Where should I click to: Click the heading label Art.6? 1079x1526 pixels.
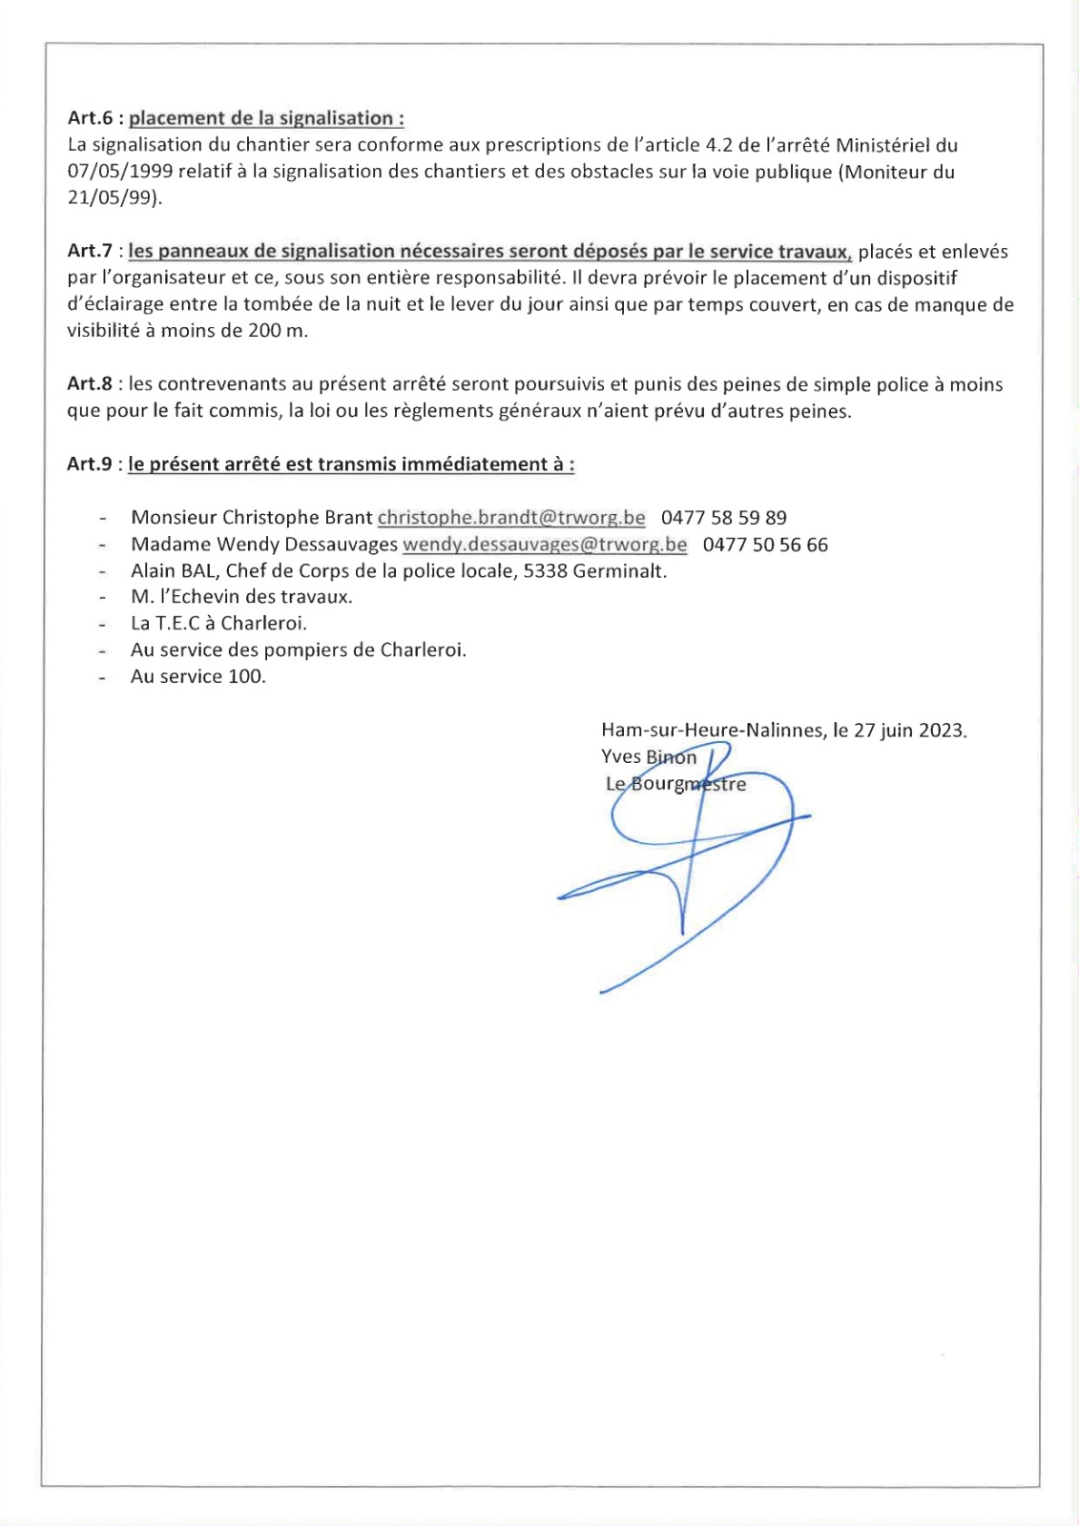point(91,118)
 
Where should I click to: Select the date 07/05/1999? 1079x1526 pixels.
point(120,172)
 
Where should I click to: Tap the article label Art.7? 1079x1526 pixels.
point(91,251)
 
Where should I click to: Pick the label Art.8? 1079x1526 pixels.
point(91,384)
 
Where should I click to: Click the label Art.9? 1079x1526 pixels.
point(91,464)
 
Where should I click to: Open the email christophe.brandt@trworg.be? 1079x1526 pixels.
point(511,518)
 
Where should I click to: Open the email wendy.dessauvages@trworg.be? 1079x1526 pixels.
point(545,545)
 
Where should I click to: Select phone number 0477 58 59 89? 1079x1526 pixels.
point(724,518)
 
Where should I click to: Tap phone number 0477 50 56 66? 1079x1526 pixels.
point(765,545)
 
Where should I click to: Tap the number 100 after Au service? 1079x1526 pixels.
point(246,677)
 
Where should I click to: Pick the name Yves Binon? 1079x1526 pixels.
point(649,757)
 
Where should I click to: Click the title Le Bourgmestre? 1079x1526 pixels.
point(675,784)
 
